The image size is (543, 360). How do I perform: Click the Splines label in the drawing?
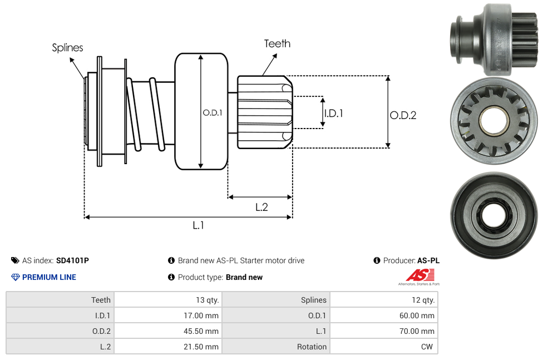click(67, 48)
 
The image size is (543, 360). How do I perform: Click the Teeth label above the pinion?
click(277, 43)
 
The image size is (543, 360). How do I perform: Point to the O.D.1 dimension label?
click(213, 112)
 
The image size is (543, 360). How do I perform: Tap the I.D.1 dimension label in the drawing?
click(334, 113)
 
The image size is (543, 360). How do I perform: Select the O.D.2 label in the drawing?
click(403, 115)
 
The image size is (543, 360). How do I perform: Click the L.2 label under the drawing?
click(261, 207)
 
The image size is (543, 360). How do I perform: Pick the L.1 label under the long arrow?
click(199, 225)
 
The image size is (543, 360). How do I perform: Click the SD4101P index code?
click(72, 260)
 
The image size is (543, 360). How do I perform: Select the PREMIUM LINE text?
click(49, 277)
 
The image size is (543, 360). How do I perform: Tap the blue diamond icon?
click(16, 277)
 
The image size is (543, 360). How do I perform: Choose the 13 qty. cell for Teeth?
click(208, 300)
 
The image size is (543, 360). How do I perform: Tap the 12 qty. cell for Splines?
click(422, 300)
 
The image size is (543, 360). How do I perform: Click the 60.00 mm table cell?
click(418, 315)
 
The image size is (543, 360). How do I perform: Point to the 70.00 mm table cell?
click(418, 331)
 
